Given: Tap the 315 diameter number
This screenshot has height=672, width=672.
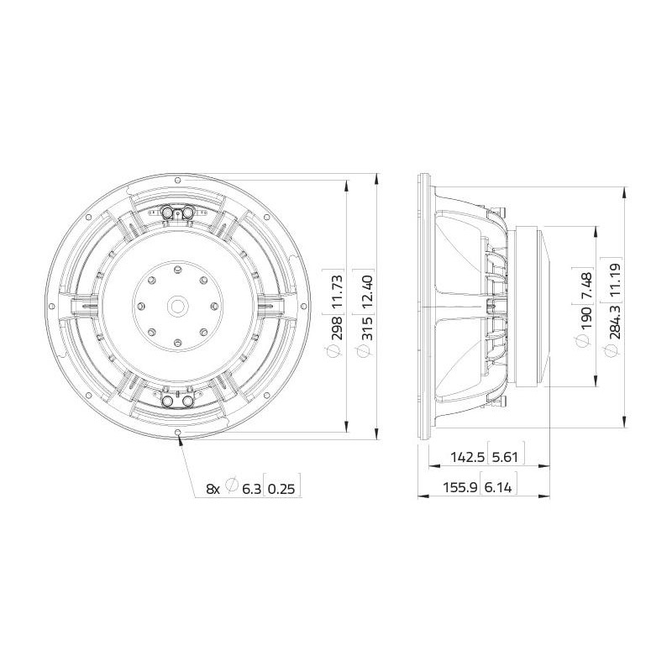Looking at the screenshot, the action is (367, 328).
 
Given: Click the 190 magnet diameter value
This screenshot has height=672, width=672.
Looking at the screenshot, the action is (585, 318).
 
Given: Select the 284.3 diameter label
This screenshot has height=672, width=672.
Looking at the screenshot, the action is (615, 321).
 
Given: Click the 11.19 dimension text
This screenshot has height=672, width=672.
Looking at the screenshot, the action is (615, 280).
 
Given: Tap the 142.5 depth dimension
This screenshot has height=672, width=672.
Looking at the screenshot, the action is (468, 457).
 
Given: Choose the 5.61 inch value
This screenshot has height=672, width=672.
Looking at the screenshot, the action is (505, 457).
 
